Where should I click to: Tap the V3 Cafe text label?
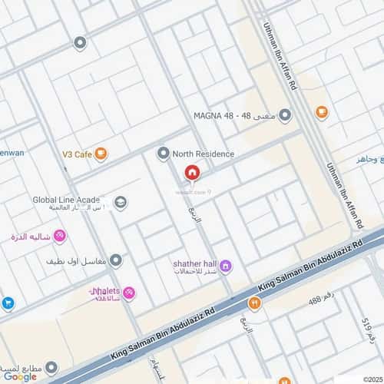coord(77,154)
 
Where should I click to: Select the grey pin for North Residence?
coord(163,154)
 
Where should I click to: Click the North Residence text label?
coord(203,154)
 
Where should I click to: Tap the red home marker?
coord(191,173)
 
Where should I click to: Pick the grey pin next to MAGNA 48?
coord(285,116)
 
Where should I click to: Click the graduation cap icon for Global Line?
coord(120,203)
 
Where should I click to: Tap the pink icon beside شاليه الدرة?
coord(59,236)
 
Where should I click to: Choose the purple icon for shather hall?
coord(225,266)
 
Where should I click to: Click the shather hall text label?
coord(191,263)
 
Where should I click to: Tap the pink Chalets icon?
coord(128,293)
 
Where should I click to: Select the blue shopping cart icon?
coord(8,303)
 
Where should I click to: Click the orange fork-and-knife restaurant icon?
coord(254,303)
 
